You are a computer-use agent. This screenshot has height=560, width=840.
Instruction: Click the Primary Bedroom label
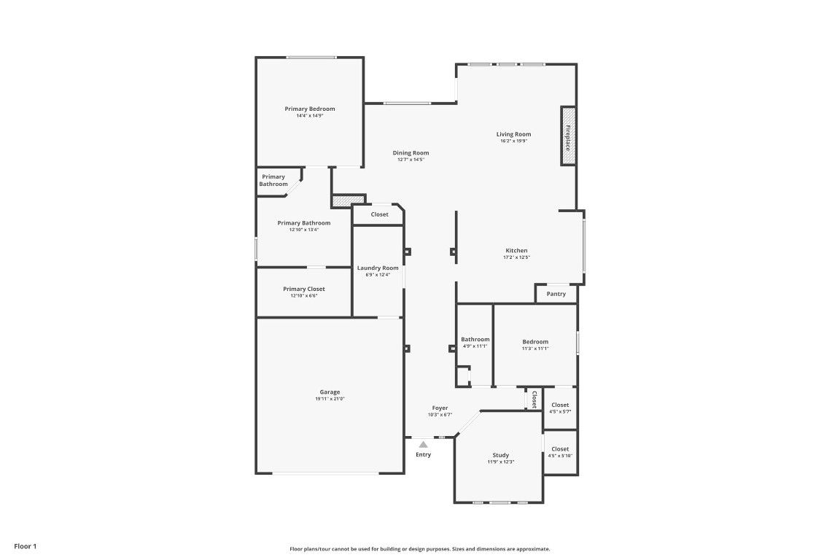point(310,109)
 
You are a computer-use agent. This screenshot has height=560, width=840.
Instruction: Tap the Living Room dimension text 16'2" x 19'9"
point(514,141)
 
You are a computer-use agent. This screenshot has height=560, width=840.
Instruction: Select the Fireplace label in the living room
point(568,137)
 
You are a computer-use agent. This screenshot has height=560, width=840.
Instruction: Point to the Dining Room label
point(411,152)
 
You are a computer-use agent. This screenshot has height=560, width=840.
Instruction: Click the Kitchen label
point(516,250)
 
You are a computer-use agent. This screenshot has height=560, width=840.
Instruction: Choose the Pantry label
point(556,294)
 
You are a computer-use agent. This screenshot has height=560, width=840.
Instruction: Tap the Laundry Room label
point(378,268)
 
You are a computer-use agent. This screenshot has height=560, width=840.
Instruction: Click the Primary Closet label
point(304,289)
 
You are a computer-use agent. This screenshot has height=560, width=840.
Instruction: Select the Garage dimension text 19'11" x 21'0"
point(330,399)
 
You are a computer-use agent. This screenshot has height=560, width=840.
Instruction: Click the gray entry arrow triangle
point(423,444)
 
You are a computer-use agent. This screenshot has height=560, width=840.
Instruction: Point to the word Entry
point(423,454)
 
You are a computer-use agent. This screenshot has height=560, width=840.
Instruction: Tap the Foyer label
point(440,408)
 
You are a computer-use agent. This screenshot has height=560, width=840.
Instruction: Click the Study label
point(501,455)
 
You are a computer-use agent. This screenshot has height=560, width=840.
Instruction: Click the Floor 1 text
point(26,547)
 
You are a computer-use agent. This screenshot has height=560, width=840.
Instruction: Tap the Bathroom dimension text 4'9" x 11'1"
point(475,346)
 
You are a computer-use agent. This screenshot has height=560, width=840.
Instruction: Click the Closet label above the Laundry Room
point(379,214)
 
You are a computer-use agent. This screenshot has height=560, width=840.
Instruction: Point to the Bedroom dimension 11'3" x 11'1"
point(535,349)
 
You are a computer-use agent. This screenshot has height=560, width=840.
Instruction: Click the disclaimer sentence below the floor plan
point(420,549)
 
